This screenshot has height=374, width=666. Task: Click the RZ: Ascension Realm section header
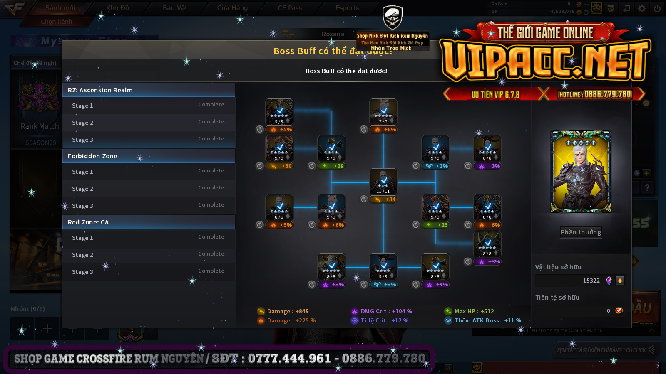(x=149, y=90)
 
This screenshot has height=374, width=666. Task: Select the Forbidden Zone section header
(x=149, y=156)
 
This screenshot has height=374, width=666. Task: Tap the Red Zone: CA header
(x=149, y=222)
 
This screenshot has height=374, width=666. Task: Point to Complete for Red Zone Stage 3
(x=211, y=271)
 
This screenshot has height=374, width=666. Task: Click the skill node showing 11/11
(x=383, y=182)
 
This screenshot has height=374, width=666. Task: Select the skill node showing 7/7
(x=383, y=112)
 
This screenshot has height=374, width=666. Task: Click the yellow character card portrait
(x=581, y=172)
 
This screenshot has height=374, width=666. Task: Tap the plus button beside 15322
(x=620, y=281)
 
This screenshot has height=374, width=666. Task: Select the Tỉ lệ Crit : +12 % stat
(x=384, y=320)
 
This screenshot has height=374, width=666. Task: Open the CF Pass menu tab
(x=290, y=8)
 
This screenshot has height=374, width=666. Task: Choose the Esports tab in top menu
(x=347, y=8)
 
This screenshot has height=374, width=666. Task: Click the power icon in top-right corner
(x=657, y=8)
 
